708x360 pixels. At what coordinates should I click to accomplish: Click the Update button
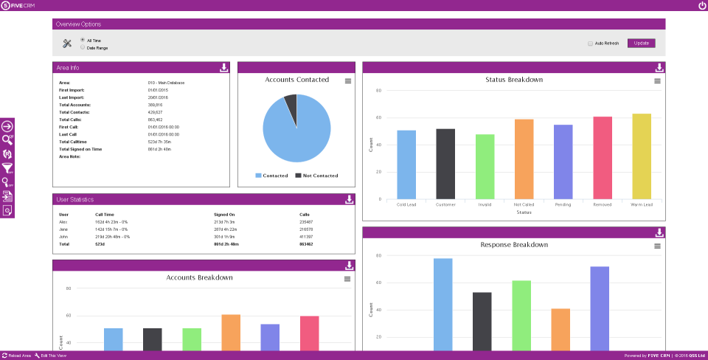click(641, 43)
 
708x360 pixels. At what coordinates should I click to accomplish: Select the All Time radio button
click(82, 40)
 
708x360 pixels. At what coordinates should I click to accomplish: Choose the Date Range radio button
click(82, 47)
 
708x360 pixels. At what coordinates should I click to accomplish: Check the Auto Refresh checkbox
click(590, 44)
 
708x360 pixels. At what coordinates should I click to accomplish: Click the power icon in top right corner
click(702, 6)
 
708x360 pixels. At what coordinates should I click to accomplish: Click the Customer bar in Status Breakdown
click(445, 163)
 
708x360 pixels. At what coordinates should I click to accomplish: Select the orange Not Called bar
click(524, 159)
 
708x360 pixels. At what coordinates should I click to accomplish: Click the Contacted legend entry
click(272, 176)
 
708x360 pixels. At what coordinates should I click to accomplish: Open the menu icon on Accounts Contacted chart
click(348, 80)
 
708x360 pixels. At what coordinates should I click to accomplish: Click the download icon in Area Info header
click(224, 68)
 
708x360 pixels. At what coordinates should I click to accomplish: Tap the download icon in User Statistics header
click(350, 199)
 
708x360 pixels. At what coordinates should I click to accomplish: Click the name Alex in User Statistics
click(63, 221)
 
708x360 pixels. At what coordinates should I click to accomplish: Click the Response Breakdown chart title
click(514, 244)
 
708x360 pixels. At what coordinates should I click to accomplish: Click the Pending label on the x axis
click(563, 204)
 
